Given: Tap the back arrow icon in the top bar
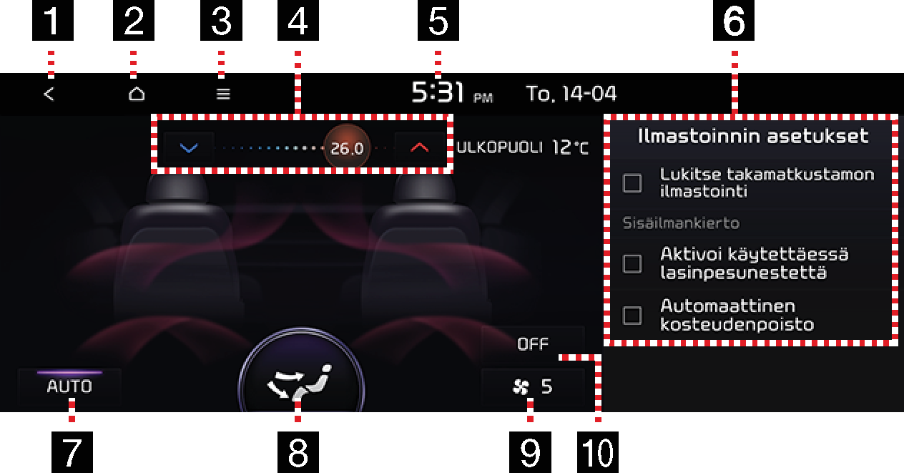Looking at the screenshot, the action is click(x=49, y=94).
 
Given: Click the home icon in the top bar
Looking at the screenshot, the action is click(x=137, y=94).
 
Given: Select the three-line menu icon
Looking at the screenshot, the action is click(x=223, y=94).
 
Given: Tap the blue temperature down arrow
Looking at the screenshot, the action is click(x=189, y=148).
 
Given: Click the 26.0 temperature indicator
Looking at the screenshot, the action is click(x=347, y=148).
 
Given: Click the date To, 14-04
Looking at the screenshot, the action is click(x=571, y=94).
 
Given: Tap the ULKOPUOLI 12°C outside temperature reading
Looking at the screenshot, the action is click(x=523, y=147).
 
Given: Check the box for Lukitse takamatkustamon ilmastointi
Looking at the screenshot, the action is click(x=632, y=183).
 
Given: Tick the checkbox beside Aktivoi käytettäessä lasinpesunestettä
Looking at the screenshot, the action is click(x=632, y=264).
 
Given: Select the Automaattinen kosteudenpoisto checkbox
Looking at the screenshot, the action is click(x=632, y=316).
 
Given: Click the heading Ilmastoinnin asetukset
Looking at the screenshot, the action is click(x=753, y=136).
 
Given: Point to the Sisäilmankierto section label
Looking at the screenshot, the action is click(x=681, y=223).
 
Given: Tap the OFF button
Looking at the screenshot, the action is click(x=533, y=343).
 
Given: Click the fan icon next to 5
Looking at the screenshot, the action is click(x=521, y=387).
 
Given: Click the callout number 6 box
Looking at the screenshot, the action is click(x=734, y=20).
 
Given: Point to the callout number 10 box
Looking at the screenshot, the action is click(x=598, y=452).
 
